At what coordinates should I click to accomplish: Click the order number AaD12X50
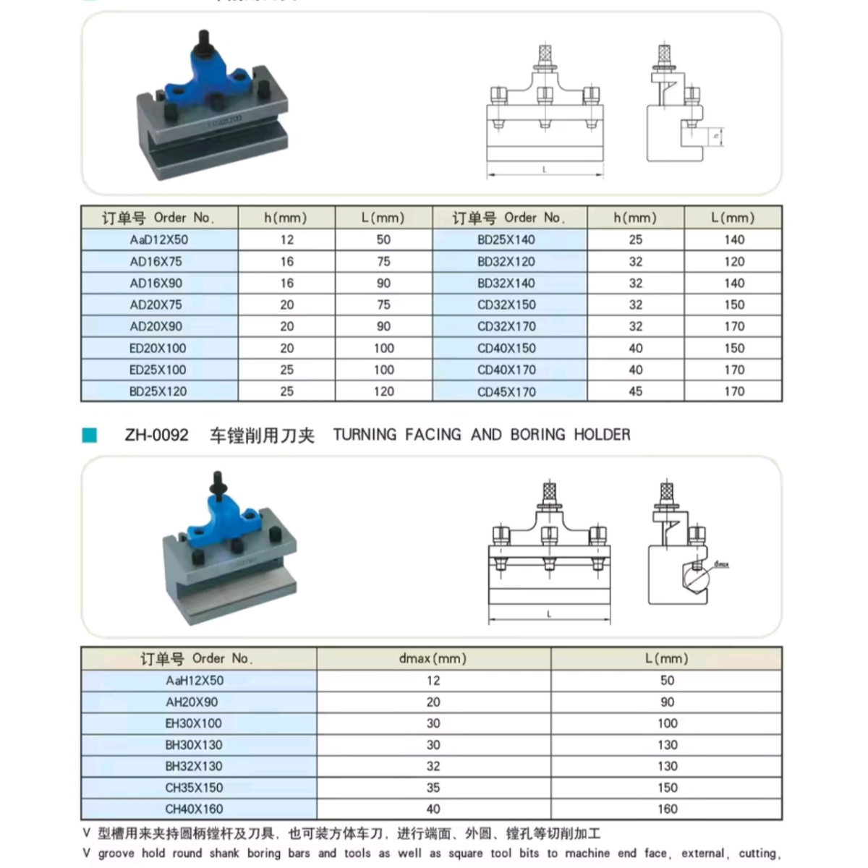[x=158, y=239]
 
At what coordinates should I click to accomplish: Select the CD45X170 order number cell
[x=506, y=392]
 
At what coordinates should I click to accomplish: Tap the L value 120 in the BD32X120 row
[x=733, y=261]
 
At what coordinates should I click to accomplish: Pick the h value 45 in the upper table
[x=635, y=391]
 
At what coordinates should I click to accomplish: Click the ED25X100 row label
[x=158, y=370]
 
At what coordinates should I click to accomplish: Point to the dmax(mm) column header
[x=433, y=658]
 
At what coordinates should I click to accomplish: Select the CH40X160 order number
[x=194, y=809]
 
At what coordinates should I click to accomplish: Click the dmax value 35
[x=433, y=787]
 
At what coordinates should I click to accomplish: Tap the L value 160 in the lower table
[x=667, y=809]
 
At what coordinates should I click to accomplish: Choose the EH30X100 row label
[x=194, y=723]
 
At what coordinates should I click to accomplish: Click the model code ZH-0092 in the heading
[x=156, y=435]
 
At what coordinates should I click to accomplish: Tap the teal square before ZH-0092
[x=90, y=435]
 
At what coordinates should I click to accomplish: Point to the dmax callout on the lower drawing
[x=721, y=563]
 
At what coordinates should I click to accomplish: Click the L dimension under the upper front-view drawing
[x=544, y=170]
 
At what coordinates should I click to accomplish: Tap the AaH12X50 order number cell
[x=194, y=680]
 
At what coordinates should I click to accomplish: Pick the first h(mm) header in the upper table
[x=286, y=218]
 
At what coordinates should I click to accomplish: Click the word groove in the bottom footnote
[x=116, y=854]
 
